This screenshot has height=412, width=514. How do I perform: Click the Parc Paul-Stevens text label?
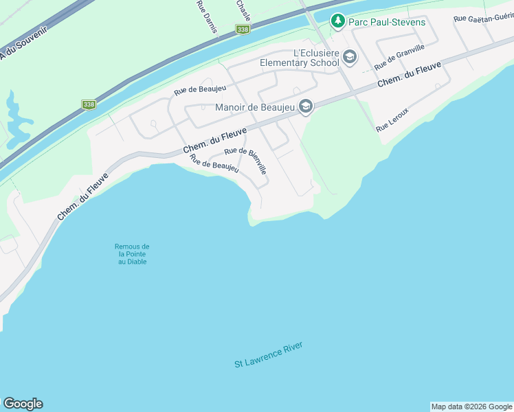point(387,22)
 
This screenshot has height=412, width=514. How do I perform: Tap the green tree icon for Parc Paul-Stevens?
point(337,21)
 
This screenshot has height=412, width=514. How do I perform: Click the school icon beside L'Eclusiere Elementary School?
point(350,56)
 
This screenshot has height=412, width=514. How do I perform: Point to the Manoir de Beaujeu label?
point(255,106)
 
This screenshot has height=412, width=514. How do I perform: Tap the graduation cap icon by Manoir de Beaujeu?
point(306,106)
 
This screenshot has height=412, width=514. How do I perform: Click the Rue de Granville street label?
point(399,56)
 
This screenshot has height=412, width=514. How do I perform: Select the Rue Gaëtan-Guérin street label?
point(483,19)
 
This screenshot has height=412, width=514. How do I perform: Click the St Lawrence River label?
point(268,354)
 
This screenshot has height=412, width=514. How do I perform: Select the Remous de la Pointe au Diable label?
point(132,254)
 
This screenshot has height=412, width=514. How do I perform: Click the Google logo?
point(23,404)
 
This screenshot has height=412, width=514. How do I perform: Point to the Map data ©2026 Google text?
point(471,407)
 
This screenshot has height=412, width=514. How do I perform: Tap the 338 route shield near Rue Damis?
point(242,30)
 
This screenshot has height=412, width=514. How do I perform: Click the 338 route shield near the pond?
point(89,104)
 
